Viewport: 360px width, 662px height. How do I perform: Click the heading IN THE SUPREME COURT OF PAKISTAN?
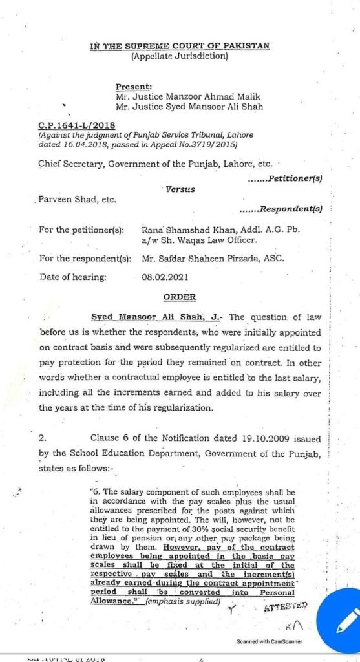(x=179, y=46)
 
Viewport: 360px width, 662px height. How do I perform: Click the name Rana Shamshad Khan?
(x=187, y=230)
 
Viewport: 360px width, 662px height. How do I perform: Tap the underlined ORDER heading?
(x=178, y=298)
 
